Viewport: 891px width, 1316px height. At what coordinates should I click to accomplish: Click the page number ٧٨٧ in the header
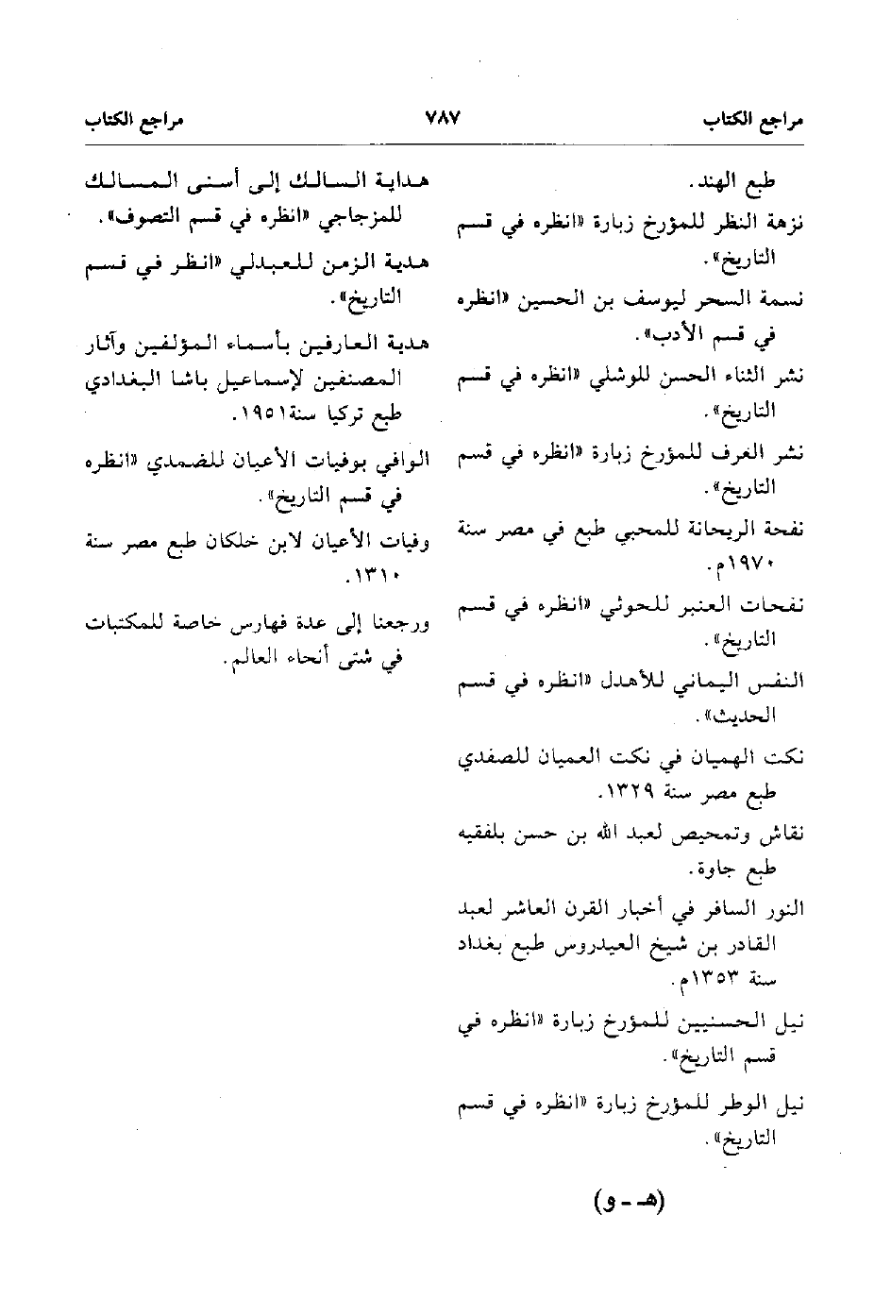pyautogui.click(x=442, y=120)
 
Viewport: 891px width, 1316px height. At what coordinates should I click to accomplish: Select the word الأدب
pyautogui.click(x=665, y=334)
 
